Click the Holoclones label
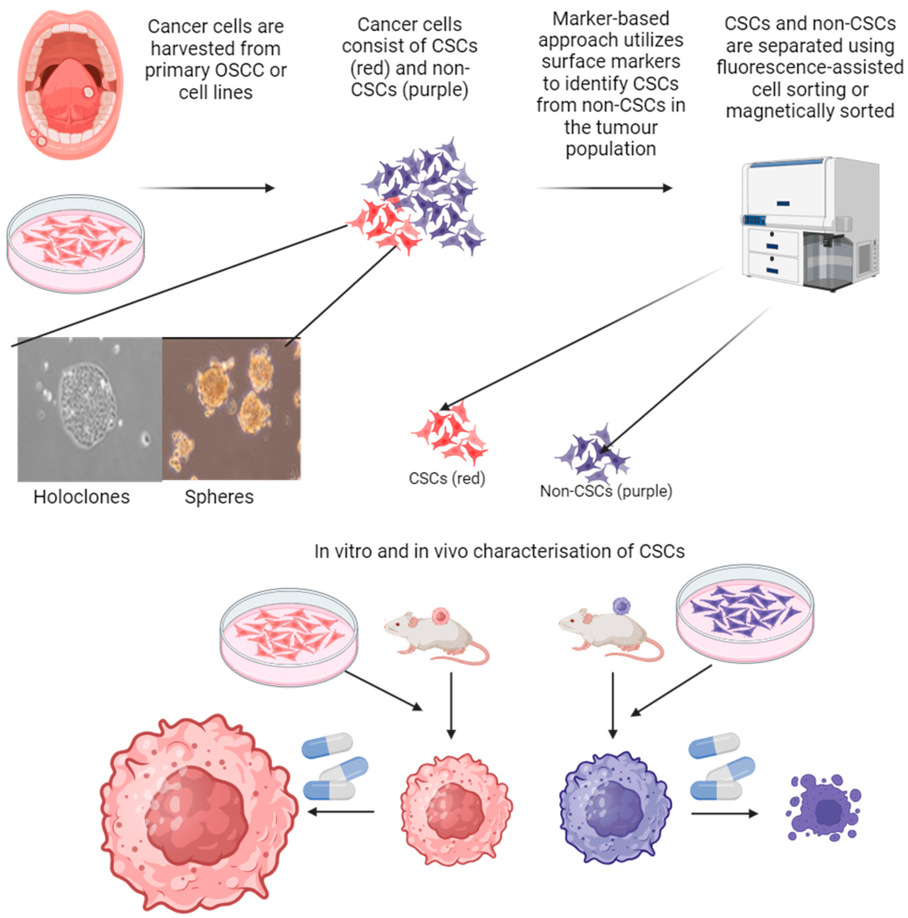(82, 497)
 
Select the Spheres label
(219, 497)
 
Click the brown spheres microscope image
(231, 409)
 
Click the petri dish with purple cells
(744, 613)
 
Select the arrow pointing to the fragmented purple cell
(724, 814)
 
